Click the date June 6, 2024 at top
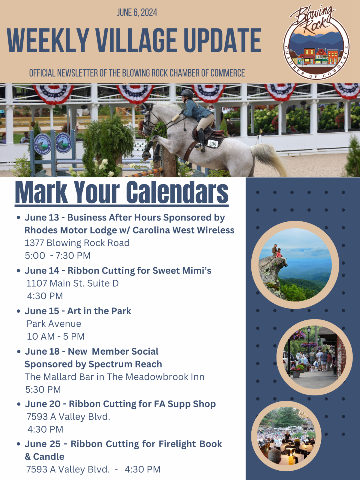point(137,13)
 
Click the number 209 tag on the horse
point(212,144)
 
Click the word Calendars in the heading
point(177,192)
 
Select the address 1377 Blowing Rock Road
point(77,243)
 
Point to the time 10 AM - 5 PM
point(56,336)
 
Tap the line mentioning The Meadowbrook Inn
point(115,377)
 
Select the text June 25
point(42,444)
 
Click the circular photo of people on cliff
point(295,265)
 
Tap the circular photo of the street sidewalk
point(314,357)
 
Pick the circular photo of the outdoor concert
point(286,436)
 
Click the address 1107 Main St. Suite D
point(72,283)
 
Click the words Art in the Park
point(99,311)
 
